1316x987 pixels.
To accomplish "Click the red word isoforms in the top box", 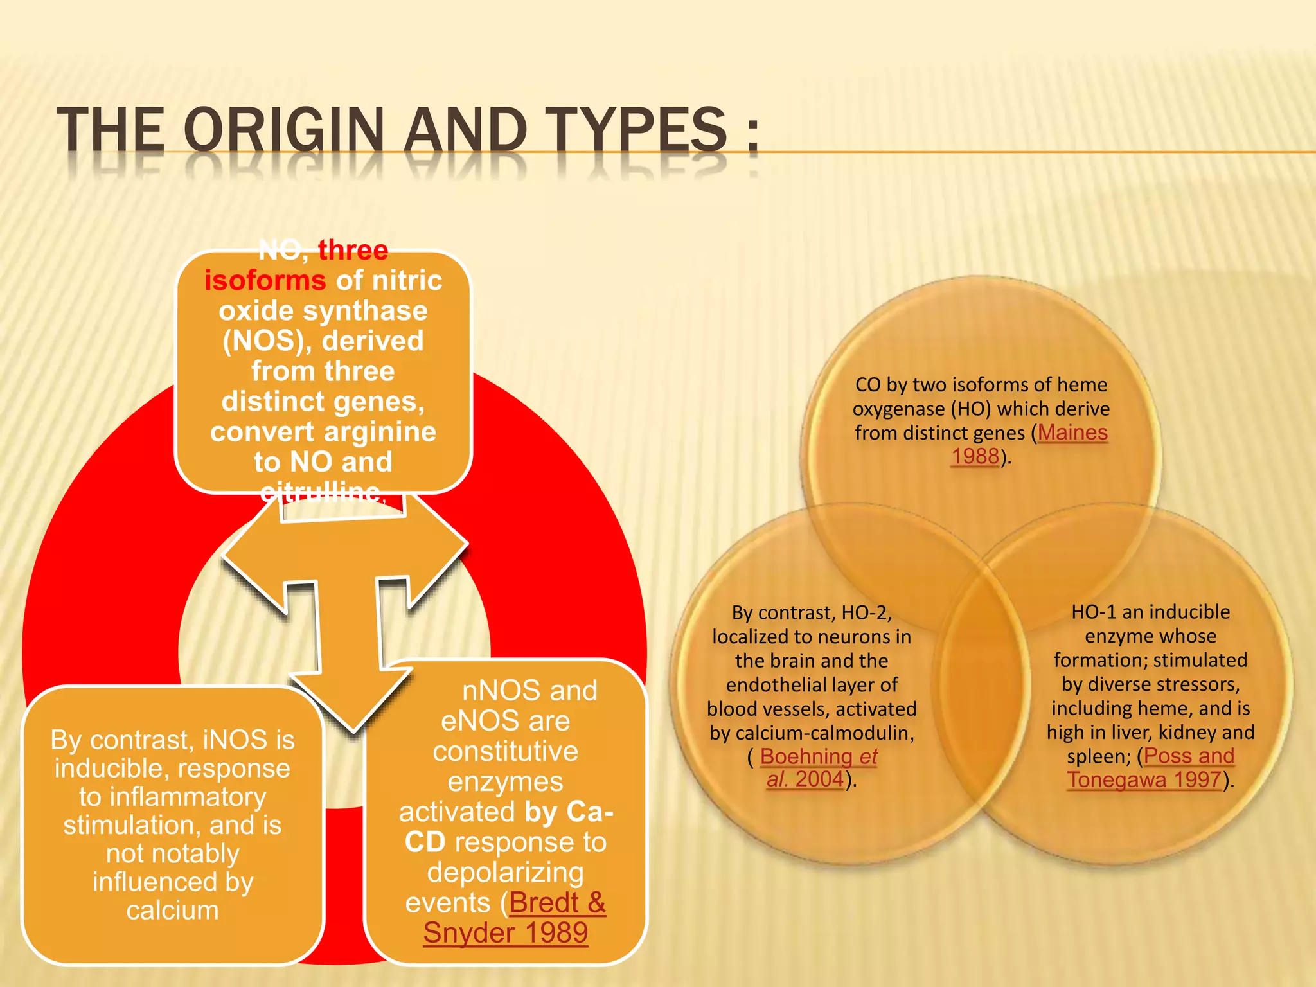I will pos(265,280).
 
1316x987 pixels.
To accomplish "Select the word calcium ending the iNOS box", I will pos(172,911).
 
